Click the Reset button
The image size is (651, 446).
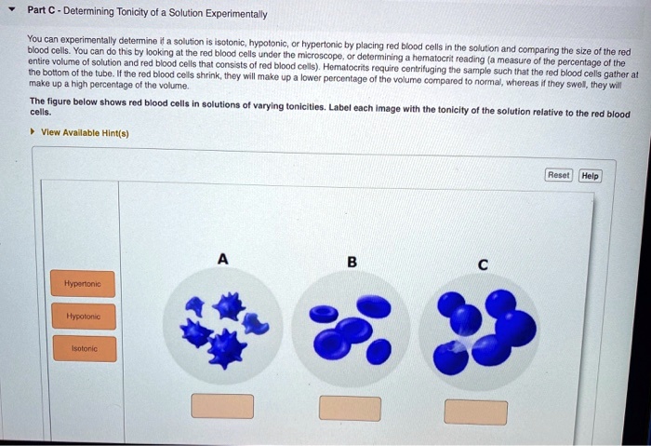558,175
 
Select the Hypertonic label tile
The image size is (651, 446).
84,283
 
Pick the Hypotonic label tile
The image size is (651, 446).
84,317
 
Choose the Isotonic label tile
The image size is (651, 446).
84,349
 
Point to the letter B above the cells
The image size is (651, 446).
352,263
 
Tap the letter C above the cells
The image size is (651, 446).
482,264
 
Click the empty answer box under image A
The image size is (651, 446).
222,406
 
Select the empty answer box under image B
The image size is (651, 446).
350,408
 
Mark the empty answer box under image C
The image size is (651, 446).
476,412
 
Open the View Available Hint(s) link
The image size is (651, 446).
85,132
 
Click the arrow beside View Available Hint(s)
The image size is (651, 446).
34,132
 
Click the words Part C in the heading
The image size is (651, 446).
42,12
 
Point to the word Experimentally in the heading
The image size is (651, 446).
236,14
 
